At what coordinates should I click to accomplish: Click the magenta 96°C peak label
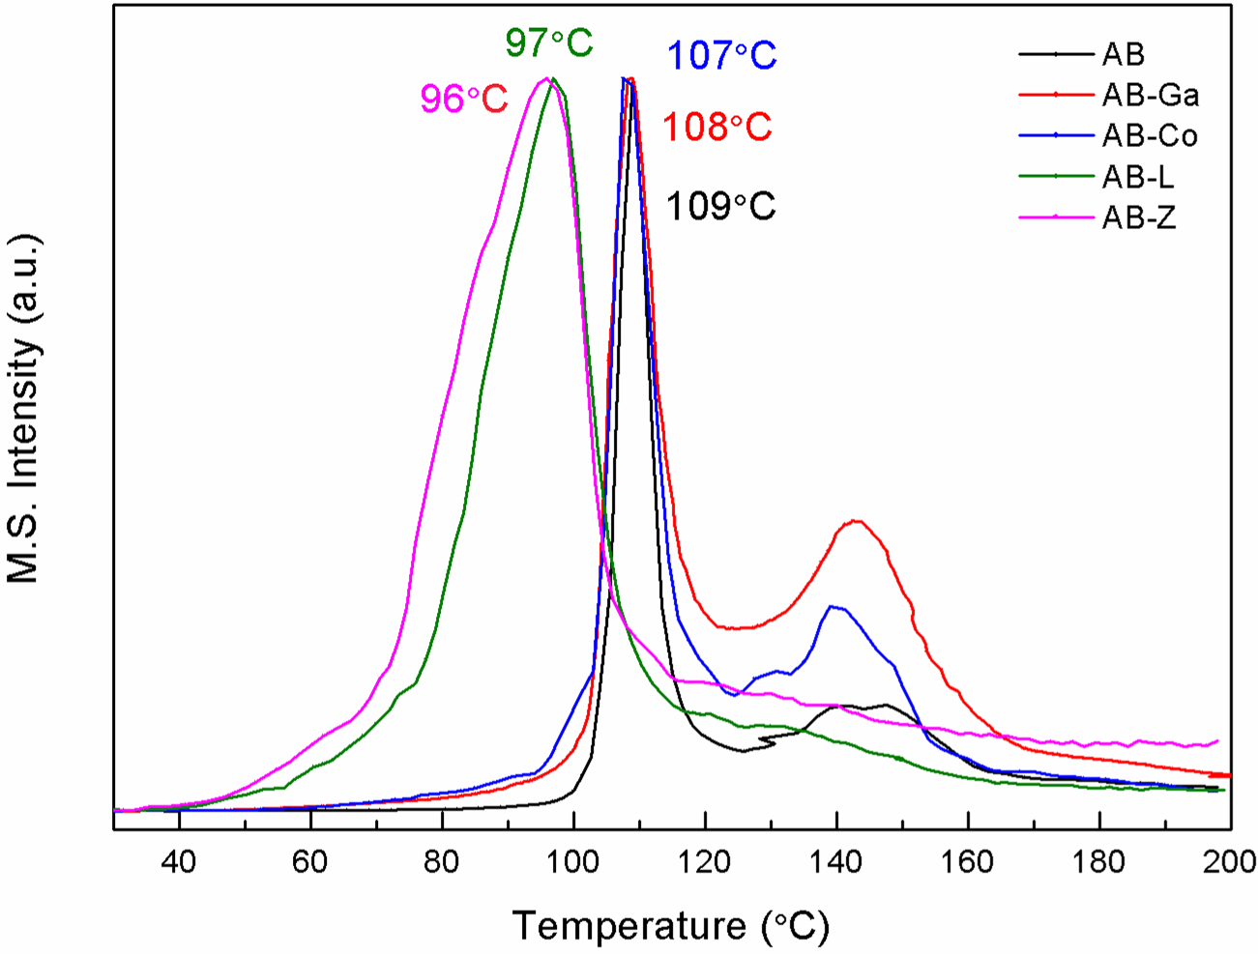[x=463, y=99]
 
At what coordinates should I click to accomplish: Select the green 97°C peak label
[x=548, y=43]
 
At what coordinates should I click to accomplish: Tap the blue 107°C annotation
[x=721, y=55]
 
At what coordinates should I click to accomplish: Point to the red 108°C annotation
[x=717, y=127]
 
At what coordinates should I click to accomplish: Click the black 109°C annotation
[x=720, y=206]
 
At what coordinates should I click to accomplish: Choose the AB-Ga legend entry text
[x=1151, y=95]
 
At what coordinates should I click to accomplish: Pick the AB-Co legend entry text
[x=1150, y=136]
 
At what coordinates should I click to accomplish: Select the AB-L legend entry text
[x=1138, y=177]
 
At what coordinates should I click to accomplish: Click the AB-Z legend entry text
[x=1139, y=218]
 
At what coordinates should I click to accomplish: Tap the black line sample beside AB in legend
[x=1056, y=54]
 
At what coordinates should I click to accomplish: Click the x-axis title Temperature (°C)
[x=670, y=926]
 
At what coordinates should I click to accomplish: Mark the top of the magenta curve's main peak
[x=546, y=79]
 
